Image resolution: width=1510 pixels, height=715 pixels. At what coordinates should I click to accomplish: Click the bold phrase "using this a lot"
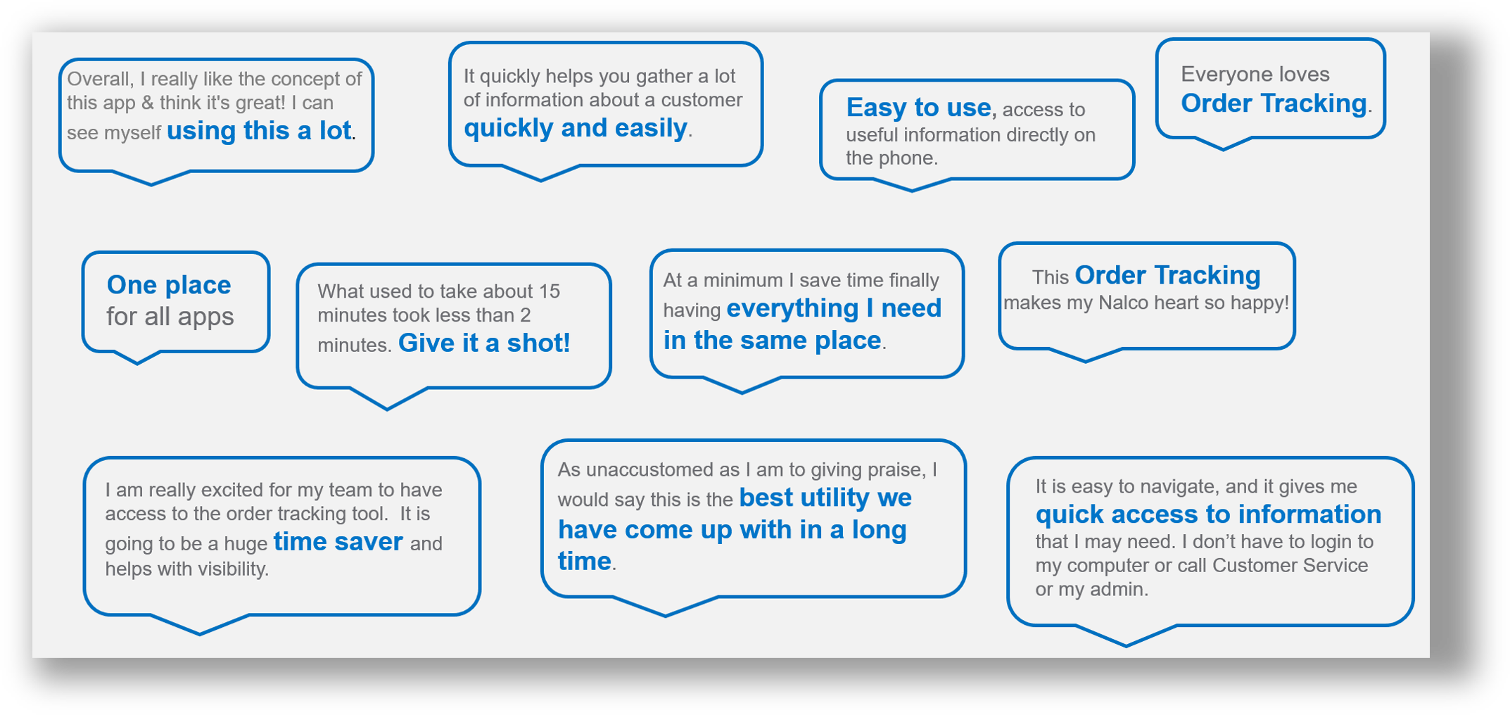coord(259,131)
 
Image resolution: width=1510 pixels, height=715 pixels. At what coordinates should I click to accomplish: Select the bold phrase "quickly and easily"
coord(575,128)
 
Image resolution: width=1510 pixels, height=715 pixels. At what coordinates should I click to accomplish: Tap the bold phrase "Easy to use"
coord(918,108)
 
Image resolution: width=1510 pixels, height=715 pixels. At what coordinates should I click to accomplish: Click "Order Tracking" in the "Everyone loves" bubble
coord(1273,103)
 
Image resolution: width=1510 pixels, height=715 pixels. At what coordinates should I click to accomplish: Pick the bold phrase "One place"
coord(169,285)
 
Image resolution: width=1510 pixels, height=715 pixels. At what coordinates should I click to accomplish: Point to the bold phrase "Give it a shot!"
coord(484,343)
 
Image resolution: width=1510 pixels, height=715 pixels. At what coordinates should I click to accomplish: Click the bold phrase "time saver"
coord(338,542)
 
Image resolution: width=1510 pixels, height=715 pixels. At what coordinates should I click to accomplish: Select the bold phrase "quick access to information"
coord(1208,514)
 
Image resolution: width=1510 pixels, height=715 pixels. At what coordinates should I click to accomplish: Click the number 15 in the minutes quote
coord(549,291)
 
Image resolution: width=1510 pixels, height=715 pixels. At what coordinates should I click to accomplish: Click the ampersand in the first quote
coord(147,103)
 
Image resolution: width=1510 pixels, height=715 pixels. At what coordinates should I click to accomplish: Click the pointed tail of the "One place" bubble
coord(137,361)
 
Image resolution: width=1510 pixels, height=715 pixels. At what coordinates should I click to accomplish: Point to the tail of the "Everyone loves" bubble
coord(1223,146)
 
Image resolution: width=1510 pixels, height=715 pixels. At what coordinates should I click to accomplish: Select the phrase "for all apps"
coord(170,317)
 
